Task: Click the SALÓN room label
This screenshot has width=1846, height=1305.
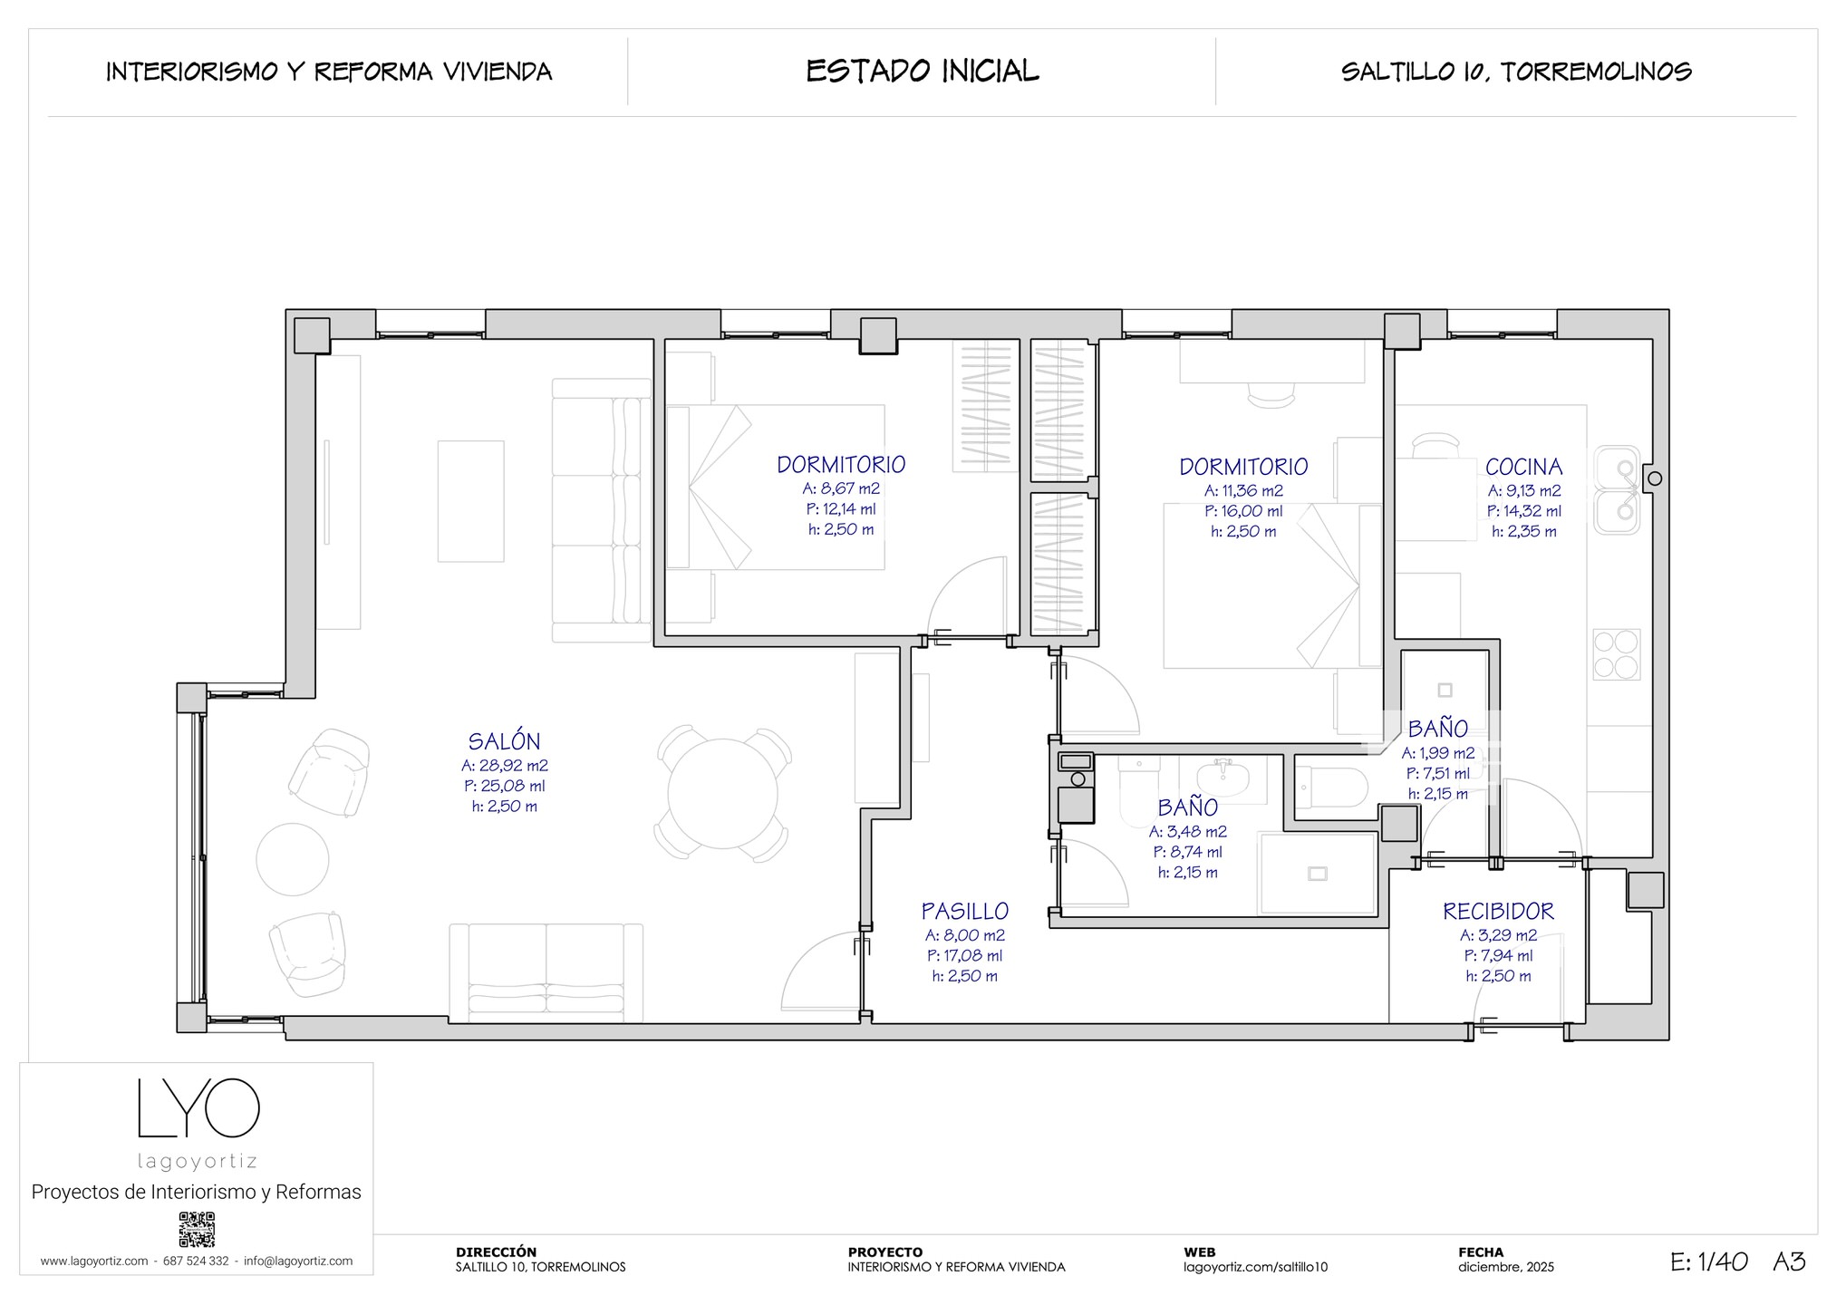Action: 504,741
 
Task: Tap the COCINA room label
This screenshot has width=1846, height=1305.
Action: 1523,467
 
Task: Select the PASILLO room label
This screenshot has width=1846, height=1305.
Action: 964,911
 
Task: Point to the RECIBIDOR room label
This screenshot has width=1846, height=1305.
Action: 1498,911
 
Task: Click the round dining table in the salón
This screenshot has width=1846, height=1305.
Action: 722,794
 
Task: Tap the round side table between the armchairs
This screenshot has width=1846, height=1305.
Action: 293,858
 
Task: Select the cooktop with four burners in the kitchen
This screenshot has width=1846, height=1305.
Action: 1617,654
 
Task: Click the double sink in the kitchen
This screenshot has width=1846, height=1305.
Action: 1618,489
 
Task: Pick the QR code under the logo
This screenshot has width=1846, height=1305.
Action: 197,1229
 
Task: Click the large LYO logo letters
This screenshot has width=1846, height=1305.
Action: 198,1107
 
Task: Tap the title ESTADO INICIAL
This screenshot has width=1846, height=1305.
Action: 923,71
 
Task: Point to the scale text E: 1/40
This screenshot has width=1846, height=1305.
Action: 1709,1261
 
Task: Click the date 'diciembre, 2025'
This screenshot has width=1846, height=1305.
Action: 1506,1267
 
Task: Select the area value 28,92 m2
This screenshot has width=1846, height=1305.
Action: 513,765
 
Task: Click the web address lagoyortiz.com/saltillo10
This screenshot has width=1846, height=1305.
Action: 1255,1267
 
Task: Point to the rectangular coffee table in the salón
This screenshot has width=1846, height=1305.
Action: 471,501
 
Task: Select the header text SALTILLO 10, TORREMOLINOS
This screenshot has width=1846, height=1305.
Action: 1516,72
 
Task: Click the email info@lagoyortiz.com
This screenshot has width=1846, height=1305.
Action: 298,1261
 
